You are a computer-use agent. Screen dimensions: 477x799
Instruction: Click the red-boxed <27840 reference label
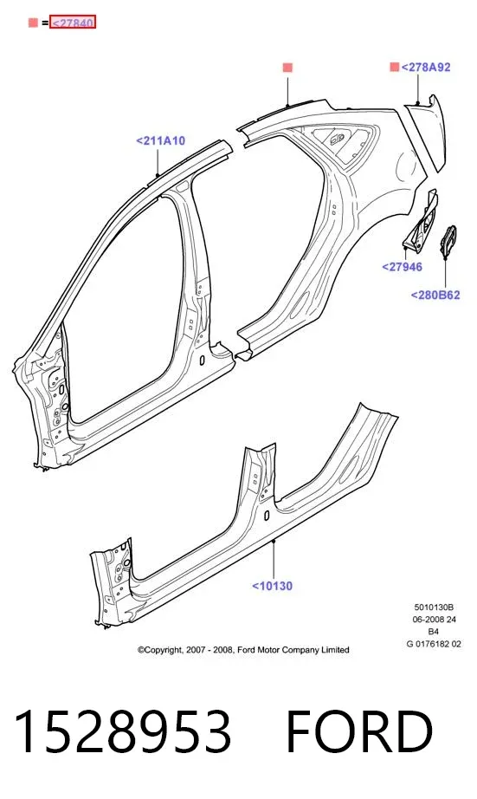click(73, 23)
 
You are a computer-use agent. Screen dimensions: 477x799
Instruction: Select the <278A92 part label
click(426, 68)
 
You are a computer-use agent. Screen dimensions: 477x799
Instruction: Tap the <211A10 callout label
click(160, 140)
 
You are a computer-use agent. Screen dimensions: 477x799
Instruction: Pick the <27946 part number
click(403, 267)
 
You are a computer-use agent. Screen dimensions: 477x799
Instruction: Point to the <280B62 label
click(435, 295)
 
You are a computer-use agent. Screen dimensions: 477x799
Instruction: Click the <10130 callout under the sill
click(273, 586)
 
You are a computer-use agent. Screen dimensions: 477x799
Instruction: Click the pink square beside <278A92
click(394, 67)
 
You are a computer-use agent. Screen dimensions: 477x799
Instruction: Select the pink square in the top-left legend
click(33, 23)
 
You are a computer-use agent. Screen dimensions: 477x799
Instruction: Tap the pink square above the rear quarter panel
click(287, 68)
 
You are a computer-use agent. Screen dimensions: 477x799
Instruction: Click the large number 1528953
click(123, 731)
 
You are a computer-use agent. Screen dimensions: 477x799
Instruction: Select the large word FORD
click(359, 731)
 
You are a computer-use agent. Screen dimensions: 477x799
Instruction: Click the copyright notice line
click(243, 650)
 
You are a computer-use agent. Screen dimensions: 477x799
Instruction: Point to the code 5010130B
click(434, 607)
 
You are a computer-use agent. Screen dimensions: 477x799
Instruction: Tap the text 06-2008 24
click(434, 620)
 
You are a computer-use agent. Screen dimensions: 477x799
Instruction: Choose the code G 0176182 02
click(434, 644)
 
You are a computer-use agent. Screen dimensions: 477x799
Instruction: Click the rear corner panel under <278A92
click(426, 133)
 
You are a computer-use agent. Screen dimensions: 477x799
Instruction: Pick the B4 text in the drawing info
click(434, 632)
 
